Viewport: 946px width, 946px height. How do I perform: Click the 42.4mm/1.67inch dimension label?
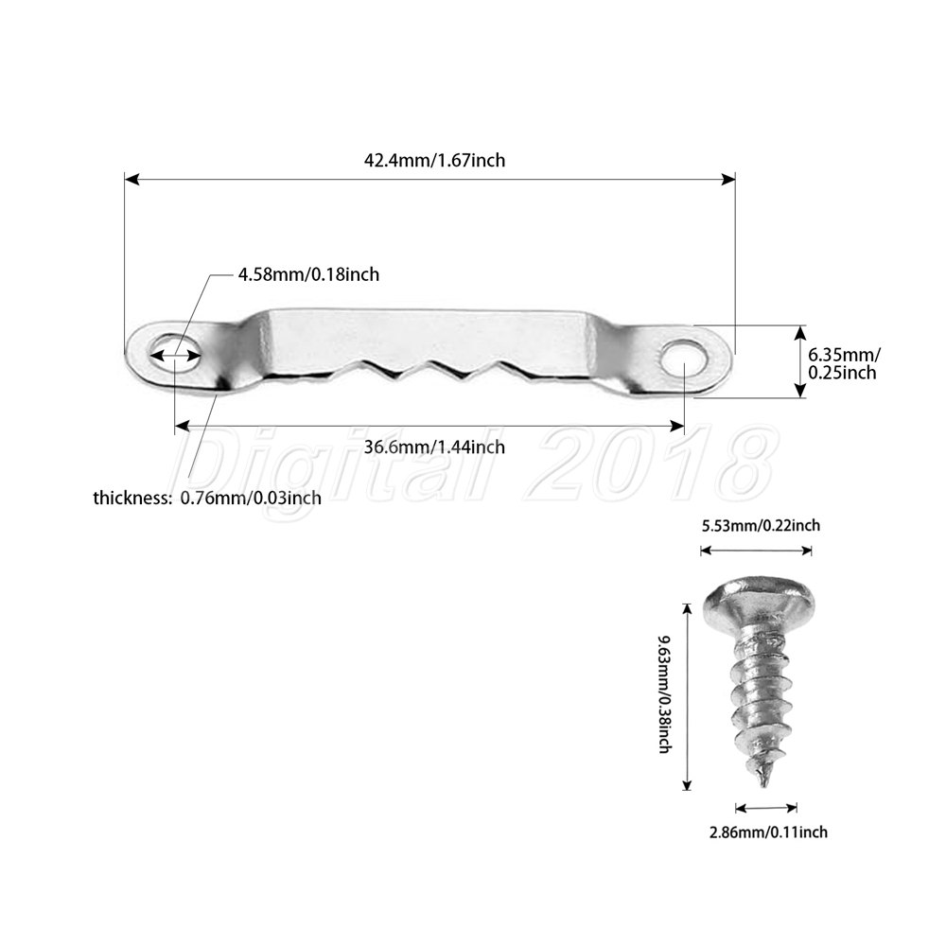coord(434,161)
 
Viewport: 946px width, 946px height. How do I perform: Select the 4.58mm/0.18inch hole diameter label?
coord(309,274)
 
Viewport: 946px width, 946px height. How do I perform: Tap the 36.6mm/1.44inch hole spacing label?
coord(434,447)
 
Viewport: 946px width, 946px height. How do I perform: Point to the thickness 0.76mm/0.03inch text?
coord(207,498)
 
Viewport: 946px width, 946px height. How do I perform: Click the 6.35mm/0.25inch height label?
coord(844,363)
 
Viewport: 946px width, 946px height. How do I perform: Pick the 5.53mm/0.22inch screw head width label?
coord(761,525)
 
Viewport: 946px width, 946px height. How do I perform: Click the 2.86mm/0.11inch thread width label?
coord(768,832)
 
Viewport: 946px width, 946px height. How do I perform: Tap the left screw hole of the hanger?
coord(175,352)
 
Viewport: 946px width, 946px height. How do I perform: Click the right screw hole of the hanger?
coord(684,356)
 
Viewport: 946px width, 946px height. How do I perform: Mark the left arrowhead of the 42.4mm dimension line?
coord(131,179)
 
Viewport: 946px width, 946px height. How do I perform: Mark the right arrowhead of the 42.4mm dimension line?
coord(728,179)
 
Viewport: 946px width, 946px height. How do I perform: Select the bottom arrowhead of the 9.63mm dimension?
coord(686,783)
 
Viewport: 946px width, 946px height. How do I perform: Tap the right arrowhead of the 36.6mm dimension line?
coord(677,427)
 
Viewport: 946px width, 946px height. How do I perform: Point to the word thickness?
coord(132,498)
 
